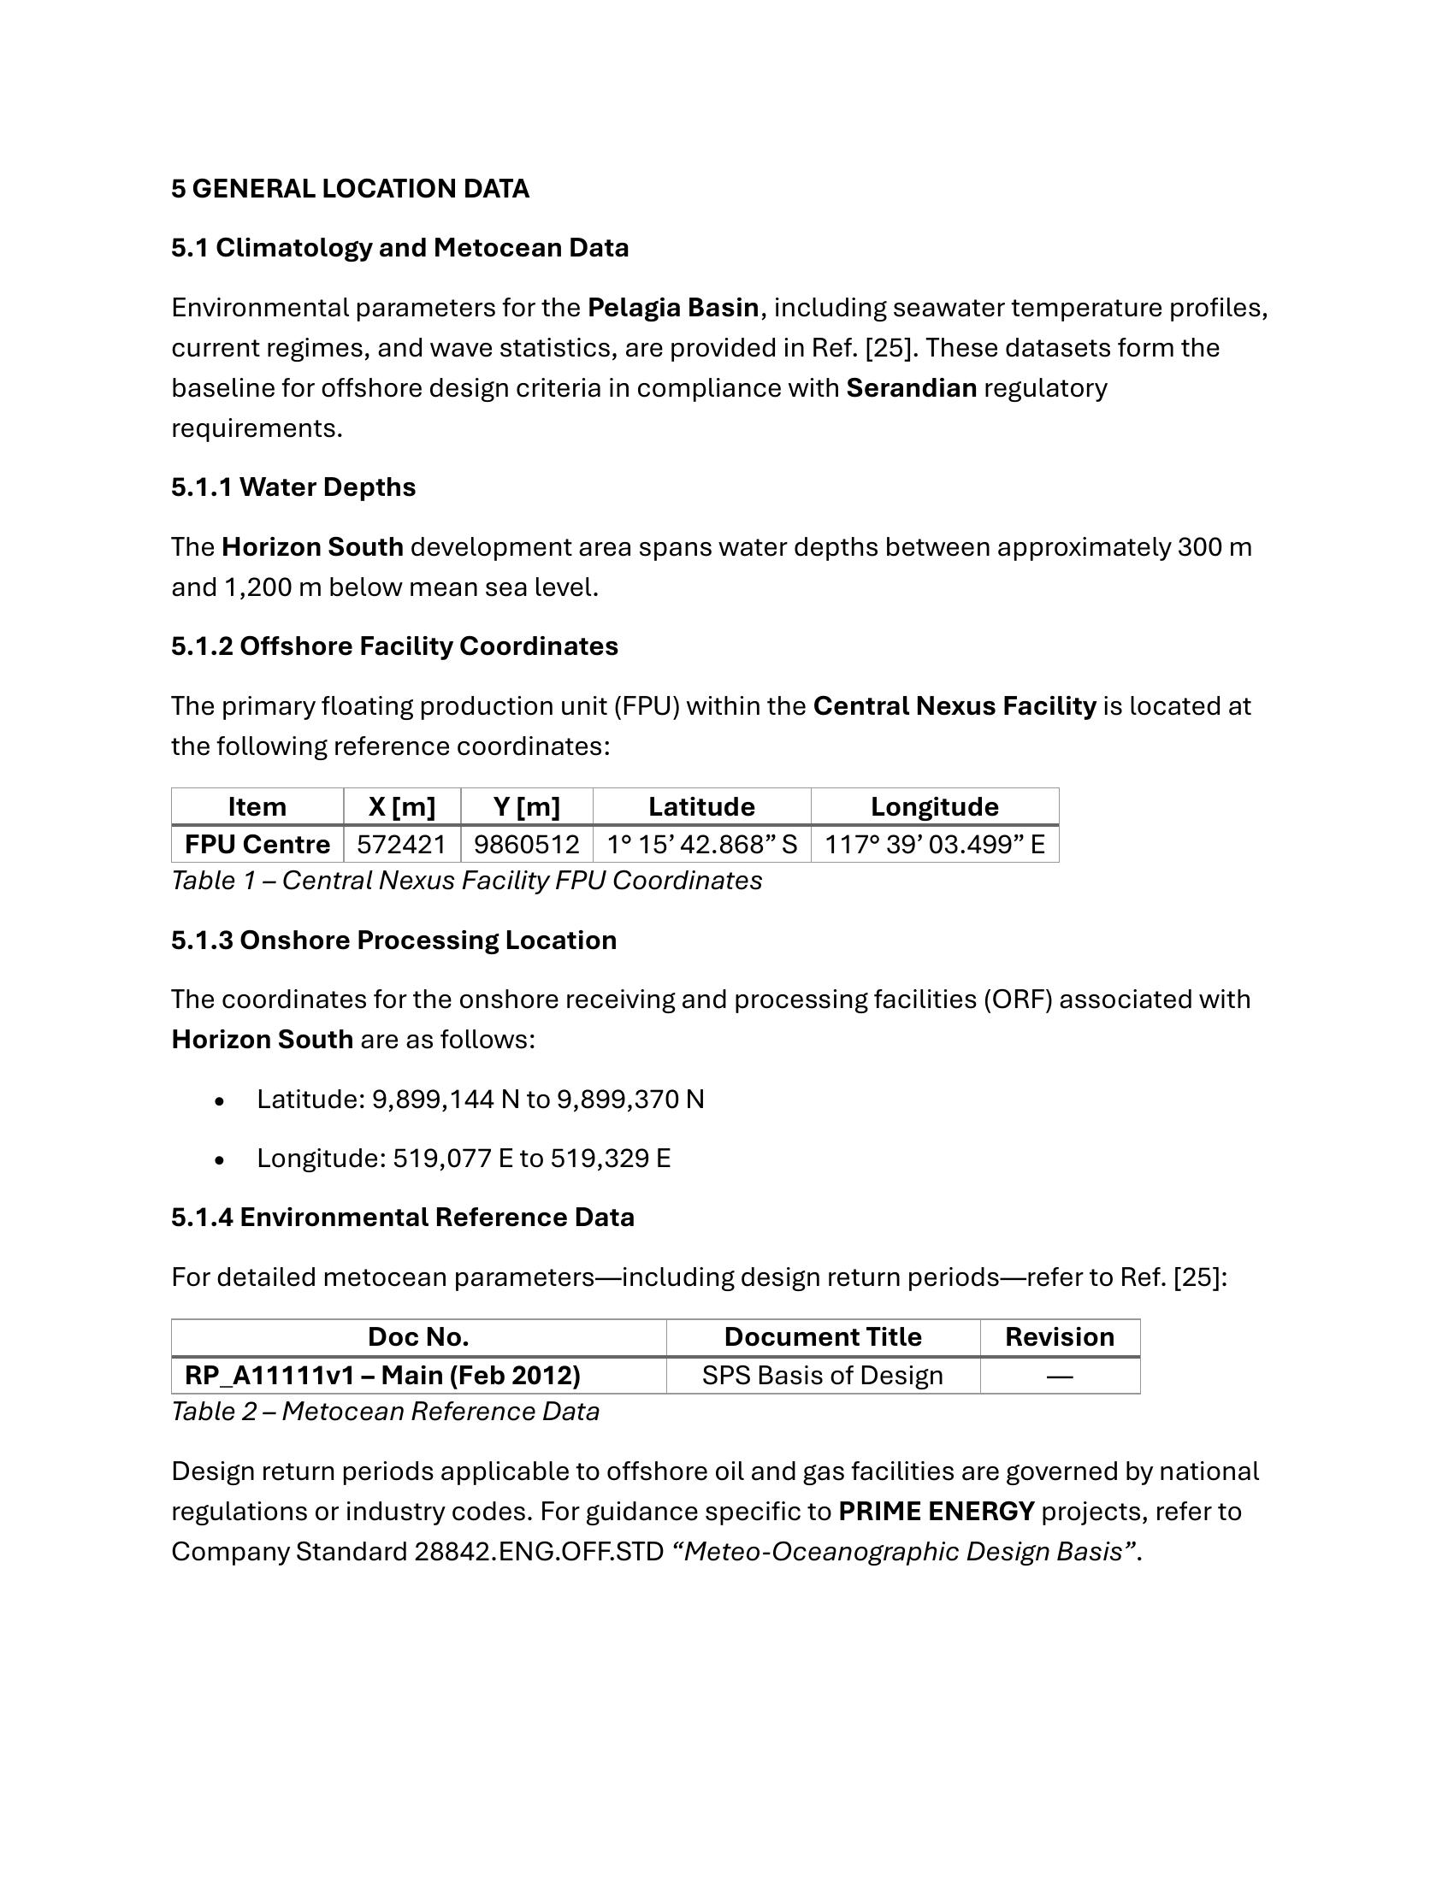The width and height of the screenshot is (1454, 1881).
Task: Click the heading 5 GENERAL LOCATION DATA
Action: point(350,189)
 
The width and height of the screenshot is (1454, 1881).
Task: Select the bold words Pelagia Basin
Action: point(673,308)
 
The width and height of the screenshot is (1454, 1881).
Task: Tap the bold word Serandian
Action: point(912,388)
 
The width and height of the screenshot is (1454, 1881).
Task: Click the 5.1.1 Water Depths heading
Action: point(293,487)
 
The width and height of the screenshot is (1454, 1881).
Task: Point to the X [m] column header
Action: point(401,807)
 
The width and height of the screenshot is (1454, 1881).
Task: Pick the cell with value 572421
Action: point(401,845)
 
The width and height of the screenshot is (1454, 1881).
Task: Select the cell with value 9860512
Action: point(526,845)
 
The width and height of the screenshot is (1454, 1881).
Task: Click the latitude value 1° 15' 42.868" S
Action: point(701,845)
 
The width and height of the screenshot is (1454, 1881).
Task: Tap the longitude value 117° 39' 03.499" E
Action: point(935,845)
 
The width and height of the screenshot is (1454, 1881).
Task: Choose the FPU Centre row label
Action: point(257,845)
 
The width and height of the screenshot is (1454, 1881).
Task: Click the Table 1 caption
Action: point(466,881)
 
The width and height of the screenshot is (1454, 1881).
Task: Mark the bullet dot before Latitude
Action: point(221,1101)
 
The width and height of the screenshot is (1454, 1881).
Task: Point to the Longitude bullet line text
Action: point(464,1159)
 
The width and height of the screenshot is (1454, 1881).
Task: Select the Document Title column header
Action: point(823,1336)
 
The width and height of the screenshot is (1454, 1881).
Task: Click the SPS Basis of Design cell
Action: point(823,1376)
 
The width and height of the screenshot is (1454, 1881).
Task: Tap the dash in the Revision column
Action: point(1060,1377)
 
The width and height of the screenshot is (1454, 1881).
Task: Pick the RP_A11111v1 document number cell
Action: point(382,1376)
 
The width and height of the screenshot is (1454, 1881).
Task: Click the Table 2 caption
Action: point(385,1412)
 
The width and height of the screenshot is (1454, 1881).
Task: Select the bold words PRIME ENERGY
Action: point(937,1512)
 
